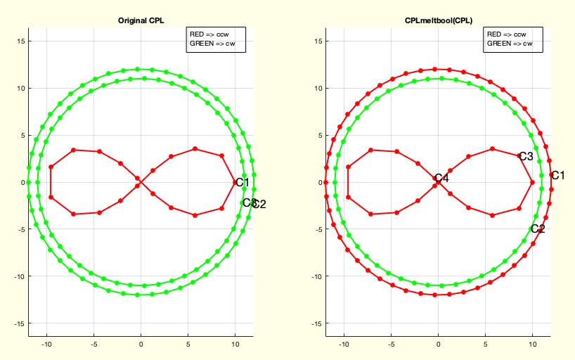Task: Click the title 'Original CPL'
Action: point(141,22)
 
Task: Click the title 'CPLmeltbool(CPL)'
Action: point(438,22)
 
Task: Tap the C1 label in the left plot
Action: point(243,183)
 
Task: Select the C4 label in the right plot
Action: point(441,179)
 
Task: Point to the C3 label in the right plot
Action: point(526,156)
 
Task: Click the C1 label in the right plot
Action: point(557,176)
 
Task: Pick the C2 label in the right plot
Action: point(538,229)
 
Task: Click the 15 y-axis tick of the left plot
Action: point(21,41)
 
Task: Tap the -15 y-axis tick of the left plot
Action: point(20,323)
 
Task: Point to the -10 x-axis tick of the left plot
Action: point(46,345)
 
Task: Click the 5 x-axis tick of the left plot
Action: point(188,345)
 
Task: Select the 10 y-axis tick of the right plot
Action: point(318,88)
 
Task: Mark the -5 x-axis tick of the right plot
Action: point(391,345)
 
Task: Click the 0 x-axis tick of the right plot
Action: point(438,345)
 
